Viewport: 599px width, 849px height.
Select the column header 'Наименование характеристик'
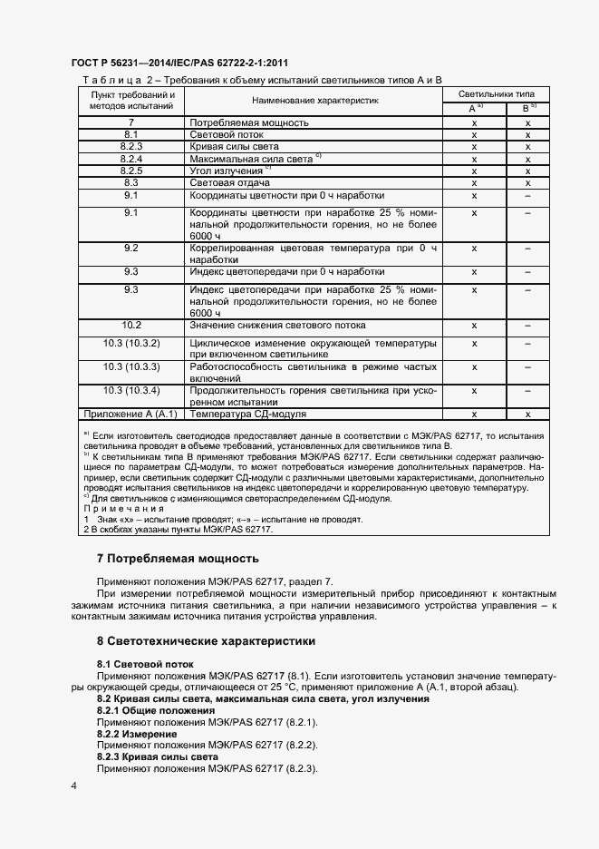click(314, 101)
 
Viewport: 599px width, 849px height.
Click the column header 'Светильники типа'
click(496, 94)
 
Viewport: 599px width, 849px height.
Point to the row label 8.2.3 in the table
click(130, 146)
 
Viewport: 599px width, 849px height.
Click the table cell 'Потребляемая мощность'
click(249, 122)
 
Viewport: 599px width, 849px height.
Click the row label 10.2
click(130, 325)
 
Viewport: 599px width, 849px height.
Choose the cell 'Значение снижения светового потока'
click(277, 325)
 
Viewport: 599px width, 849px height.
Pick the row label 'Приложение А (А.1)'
click(130, 414)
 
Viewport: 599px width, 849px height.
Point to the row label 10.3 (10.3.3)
click(130, 366)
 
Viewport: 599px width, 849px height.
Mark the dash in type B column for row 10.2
click(527, 325)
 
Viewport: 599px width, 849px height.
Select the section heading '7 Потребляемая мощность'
click(178, 559)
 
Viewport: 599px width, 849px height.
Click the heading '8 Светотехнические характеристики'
click(206, 641)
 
